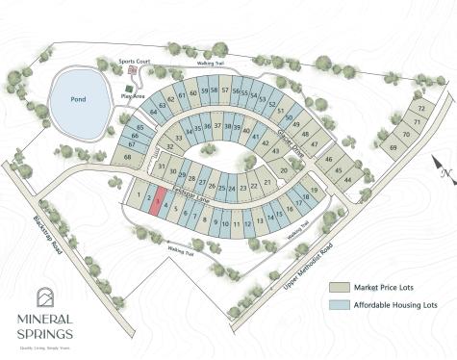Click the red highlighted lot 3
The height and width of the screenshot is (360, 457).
[x=157, y=203]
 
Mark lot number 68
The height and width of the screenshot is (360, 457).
[x=127, y=155]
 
